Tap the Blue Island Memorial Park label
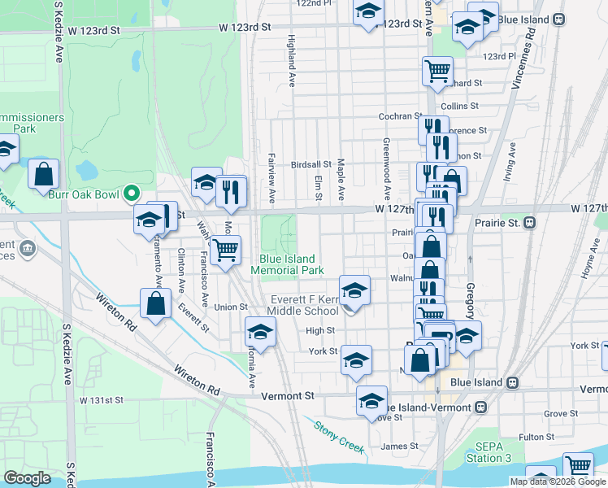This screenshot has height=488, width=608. [287, 264]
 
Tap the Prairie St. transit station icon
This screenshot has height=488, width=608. [529, 222]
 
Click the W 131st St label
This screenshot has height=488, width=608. [101, 400]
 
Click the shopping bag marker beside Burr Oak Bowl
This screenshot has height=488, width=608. [43, 173]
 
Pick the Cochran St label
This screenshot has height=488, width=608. [401, 116]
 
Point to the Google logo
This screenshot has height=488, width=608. [28, 478]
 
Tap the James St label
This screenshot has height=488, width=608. [399, 446]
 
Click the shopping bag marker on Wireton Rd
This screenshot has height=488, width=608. [155, 303]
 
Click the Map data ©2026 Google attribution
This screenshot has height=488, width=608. [558, 481]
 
